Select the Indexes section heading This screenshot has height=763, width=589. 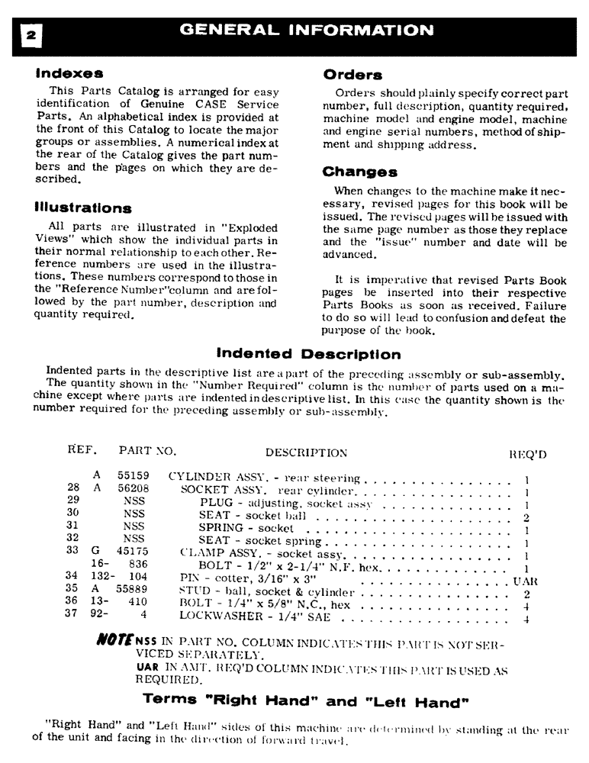(x=69, y=75)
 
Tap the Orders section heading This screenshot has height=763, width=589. (x=352, y=75)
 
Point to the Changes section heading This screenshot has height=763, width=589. (x=359, y=172)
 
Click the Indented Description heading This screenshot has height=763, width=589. (x=308, y=354)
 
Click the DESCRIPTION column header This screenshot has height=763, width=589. (x=306, y=453)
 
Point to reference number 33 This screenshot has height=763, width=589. (x=73, y=551)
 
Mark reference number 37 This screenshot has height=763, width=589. (x=73, y=617)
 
